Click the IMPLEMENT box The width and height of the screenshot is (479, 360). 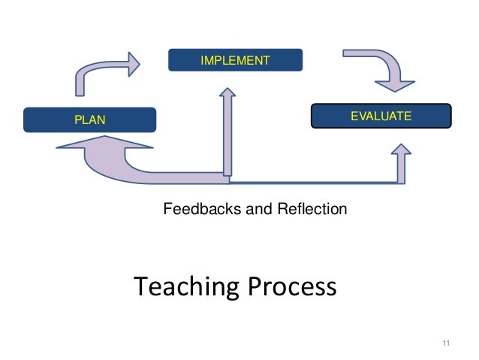point(234,60)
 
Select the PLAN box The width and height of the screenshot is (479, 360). point(89,119)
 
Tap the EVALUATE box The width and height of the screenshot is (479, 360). point(381,116)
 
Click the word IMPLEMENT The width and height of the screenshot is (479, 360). point(234,60)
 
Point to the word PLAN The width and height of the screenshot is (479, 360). point(89,119)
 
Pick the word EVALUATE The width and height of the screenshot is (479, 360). point(381,116)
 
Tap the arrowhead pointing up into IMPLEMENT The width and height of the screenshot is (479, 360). point(228,93)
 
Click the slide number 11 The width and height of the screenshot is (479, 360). point(446,344)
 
